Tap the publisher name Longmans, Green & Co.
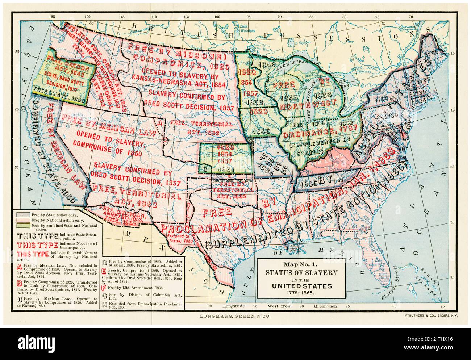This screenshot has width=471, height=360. [235, 316]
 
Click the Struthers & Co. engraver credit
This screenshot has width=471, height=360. [427, 316]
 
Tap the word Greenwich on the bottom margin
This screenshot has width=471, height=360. [325, 306]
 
